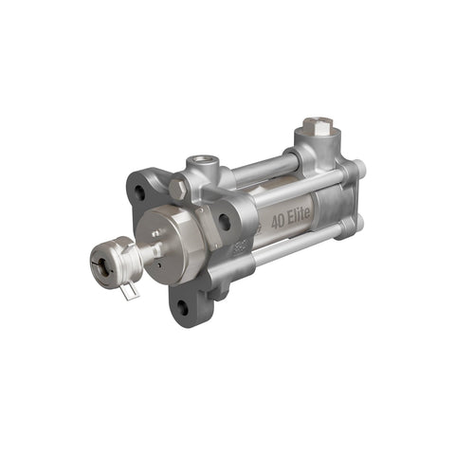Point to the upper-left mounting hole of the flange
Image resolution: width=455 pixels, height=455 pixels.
click(x=139, y=192)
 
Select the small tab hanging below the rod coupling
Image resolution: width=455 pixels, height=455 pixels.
click(x=129, y=290)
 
